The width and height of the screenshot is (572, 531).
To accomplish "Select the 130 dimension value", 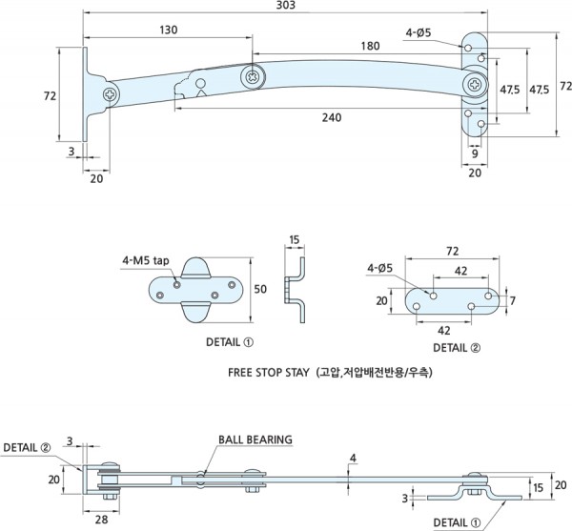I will (167, 31).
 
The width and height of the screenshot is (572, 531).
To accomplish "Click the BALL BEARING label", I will (255, 439).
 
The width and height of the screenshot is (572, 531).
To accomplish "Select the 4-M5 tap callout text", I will (146, 260).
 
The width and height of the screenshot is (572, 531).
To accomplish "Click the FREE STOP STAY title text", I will (271, 374).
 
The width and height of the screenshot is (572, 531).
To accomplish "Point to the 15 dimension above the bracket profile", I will (294, 239).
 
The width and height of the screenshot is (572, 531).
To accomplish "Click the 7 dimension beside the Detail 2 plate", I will (512, 300).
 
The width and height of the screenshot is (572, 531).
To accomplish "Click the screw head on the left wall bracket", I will (112, 94).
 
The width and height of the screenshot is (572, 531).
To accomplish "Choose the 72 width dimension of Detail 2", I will (452, 251).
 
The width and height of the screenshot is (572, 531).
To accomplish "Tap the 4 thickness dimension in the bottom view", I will (353, 459).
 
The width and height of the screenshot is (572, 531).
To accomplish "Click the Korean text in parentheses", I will (375, 374).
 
